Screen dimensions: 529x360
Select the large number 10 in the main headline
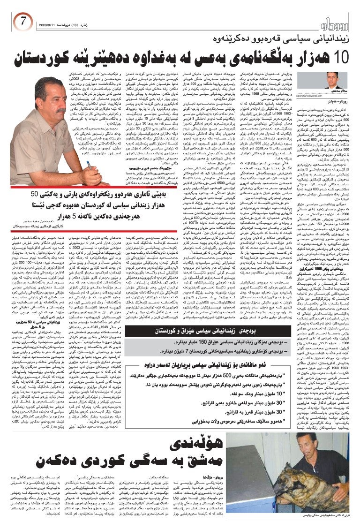tap(337, 59)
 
